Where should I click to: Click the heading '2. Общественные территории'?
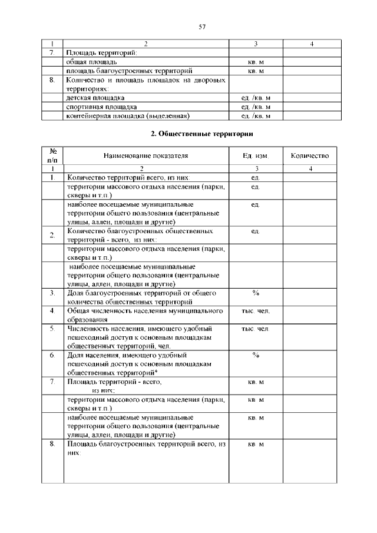[201, 134]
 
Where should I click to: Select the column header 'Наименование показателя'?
[145, 156]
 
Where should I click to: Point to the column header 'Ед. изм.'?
[255, 156]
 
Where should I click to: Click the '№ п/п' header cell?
[52, 155]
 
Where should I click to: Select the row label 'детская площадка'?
[95, 97]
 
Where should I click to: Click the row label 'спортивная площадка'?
[102, 107]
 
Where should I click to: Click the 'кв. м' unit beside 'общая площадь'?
[255, 62]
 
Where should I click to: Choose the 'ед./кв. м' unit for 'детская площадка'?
[255, 97]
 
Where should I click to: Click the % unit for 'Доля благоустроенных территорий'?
[255, 293]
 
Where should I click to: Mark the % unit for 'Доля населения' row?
[255, 356]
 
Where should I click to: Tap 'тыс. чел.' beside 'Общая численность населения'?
[255, 310]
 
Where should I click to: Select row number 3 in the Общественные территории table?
[52, 293]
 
